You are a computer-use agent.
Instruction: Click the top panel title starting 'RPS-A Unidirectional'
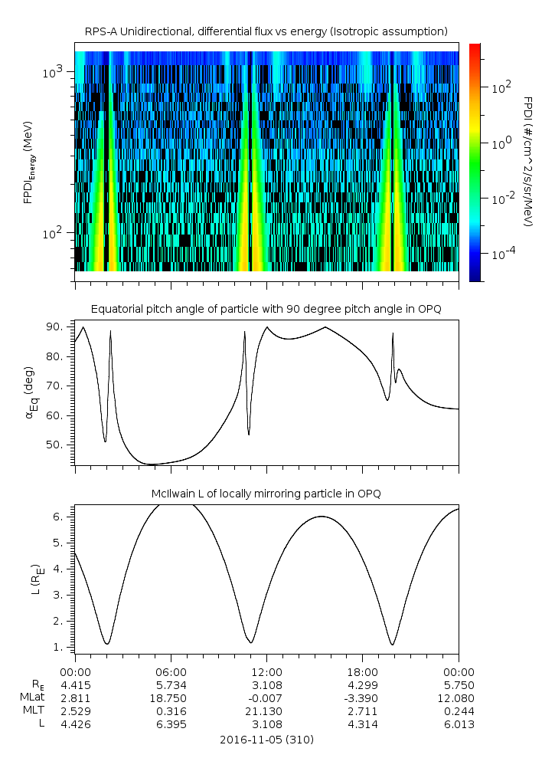tap(266, 31)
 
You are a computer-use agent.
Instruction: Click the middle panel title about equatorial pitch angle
tap(266, 309)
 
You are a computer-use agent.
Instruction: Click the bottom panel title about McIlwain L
tap(266, 494)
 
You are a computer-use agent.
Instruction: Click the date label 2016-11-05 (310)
tap(266, 740)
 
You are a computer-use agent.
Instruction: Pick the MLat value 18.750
tap(171, 698)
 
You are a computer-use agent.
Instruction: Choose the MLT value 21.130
tap(266, 711)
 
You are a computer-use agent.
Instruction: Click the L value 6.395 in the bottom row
tap(171, 724)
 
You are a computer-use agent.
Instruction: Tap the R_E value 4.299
tap(362, 685)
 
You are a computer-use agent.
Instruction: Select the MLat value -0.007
tap(266, 698)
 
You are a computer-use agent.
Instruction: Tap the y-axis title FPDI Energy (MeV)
tap(29, 162)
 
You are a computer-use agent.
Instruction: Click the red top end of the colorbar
tap(475, 48)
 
